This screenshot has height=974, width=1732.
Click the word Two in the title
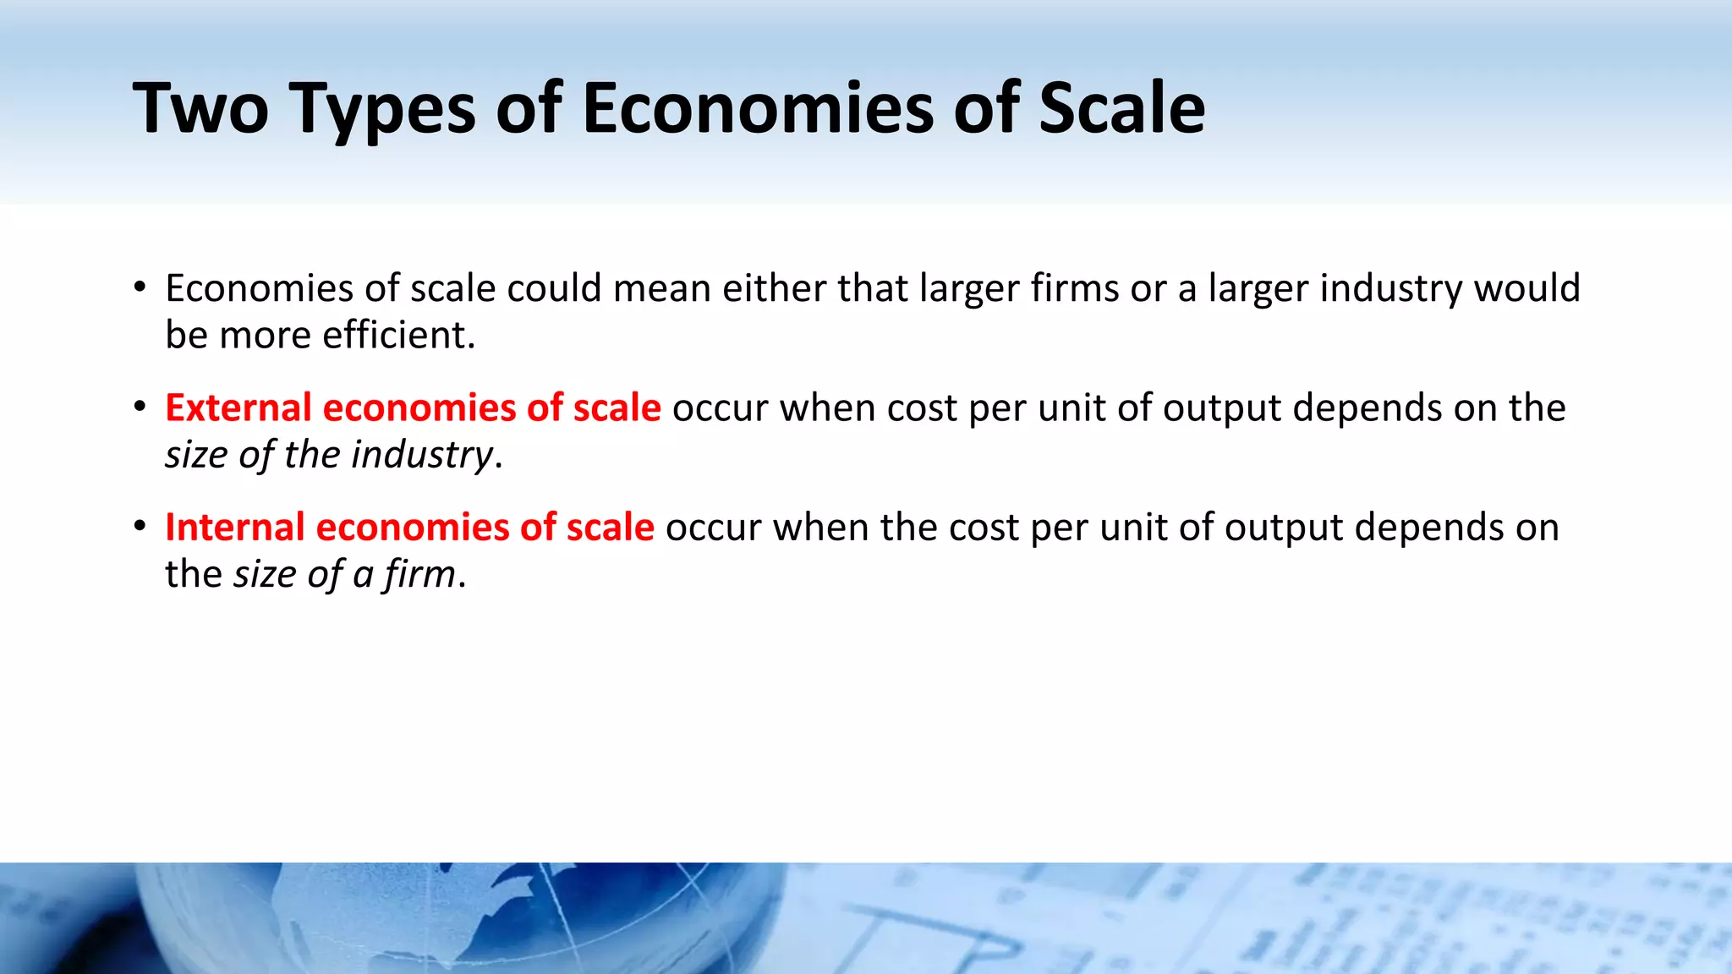200,108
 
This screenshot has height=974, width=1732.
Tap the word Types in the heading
383,110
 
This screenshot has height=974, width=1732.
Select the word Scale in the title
1121,108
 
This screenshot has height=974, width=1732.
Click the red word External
238,408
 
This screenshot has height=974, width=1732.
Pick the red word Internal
234,528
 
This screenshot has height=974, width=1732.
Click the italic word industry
421,455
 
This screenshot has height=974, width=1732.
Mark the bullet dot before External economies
140,407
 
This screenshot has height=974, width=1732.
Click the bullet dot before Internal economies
140,527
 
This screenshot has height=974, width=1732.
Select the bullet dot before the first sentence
140,287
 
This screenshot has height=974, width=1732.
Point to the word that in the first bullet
872,288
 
